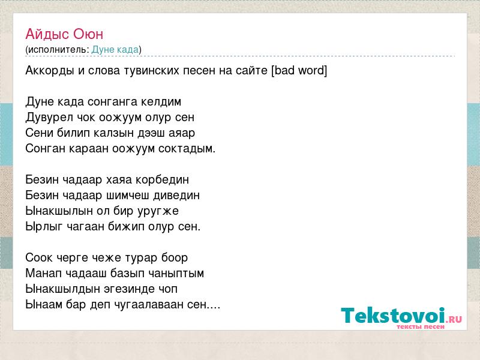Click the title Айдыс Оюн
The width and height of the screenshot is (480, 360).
(64, 34)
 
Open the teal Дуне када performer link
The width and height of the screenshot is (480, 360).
(115, 50)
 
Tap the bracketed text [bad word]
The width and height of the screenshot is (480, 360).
(299, 70)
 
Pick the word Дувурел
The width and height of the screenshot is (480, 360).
(49, 117)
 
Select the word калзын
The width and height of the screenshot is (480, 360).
(113, 133)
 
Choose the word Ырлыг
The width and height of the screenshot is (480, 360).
(44, 227)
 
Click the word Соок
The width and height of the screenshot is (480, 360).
(38, 258)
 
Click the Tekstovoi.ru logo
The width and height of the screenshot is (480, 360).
(401, 318)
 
